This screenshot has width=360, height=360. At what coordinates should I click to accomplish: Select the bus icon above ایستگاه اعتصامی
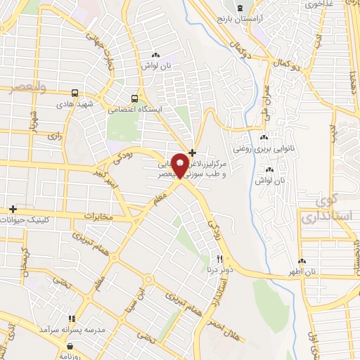pos(134,98)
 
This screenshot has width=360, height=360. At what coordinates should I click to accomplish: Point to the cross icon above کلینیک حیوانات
pos(13,209)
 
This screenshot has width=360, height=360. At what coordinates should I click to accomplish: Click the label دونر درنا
pos(220,269)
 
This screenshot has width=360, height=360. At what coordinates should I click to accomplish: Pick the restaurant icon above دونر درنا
pos(220,258)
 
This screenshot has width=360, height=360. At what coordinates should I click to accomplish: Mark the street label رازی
pos(53,134)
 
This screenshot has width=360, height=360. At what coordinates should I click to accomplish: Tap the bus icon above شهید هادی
pos(75,93)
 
